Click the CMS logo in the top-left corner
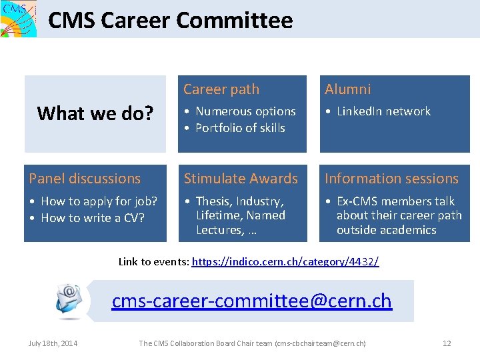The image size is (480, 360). coord(18,19)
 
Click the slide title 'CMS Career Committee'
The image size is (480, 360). coord(171,20)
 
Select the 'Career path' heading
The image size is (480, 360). coord(221,89)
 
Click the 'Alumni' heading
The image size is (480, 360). coord(347,89)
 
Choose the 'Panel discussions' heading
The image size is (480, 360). coord(85,179)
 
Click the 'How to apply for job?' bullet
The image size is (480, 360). coord(99,201)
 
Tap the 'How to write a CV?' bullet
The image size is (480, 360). coord(93,218)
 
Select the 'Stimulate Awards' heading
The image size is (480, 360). coord(241,179)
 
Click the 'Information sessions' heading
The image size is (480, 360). coord(391,179)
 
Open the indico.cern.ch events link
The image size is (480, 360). coord(285,262)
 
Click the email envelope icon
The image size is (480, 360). coord(69,300)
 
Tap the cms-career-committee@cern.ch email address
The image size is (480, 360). coord(251,301)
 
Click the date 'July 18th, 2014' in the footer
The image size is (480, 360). coord(53,343)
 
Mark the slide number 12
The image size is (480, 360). coord(447,343)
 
